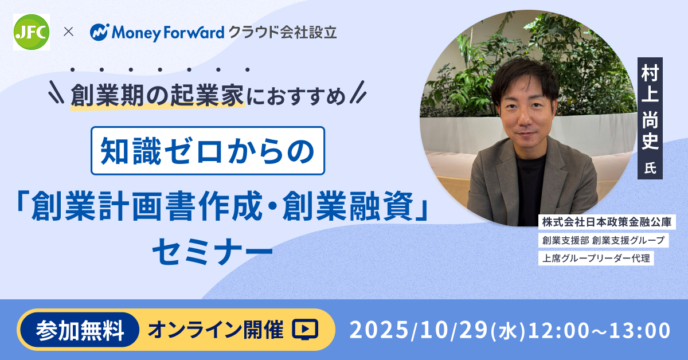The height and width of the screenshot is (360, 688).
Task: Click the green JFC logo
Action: click(x=32, y=32)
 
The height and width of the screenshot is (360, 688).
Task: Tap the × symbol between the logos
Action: click(x=68, y=32)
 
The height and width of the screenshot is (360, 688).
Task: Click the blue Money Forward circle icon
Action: click(x=99, y=32)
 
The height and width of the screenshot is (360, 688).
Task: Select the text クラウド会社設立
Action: click(x=283, y=32)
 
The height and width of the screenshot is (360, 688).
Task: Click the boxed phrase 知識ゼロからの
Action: click(x=208, y=151)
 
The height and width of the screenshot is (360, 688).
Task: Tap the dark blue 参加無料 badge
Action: click(x=80, y=330)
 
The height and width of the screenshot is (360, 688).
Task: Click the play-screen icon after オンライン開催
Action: click(x=304, y=329)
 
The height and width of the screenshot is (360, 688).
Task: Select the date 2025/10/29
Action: click(x=419, y=330)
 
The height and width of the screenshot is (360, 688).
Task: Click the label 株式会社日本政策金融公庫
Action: click(x=607, y=222)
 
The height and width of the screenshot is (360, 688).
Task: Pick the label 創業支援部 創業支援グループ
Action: click(x=604, y=240)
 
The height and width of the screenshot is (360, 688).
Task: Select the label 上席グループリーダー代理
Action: click(x=596, y=258)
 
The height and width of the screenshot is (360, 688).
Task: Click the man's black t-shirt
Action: click(x=530, y=190)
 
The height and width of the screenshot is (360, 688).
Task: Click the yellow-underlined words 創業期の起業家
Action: click(x=157, y=96)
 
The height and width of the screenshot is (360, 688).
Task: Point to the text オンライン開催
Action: click(x=216, y=330)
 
